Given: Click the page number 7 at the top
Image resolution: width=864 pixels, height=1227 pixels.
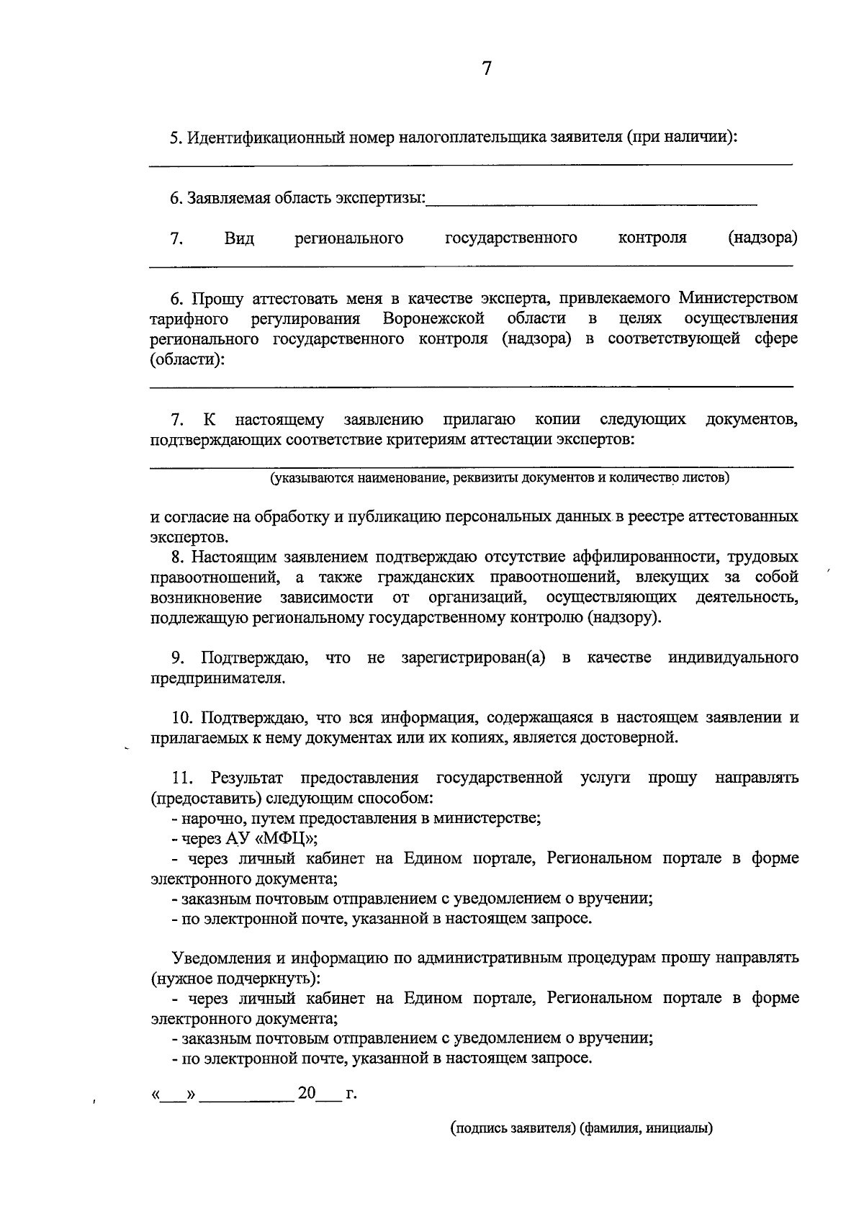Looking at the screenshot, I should tap(487, 69).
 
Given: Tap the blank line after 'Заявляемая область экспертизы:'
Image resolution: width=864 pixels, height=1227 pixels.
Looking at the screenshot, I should tap(591, 202).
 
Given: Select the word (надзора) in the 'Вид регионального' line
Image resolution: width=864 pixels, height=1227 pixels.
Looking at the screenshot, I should tap(762, 238).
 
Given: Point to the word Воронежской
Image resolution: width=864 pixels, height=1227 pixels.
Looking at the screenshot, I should tap(433, 318).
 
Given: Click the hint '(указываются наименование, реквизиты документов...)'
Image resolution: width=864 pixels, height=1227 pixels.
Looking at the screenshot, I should tap(500, 478).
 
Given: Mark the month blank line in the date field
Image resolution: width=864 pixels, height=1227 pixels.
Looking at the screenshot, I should tap(247, 1095).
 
